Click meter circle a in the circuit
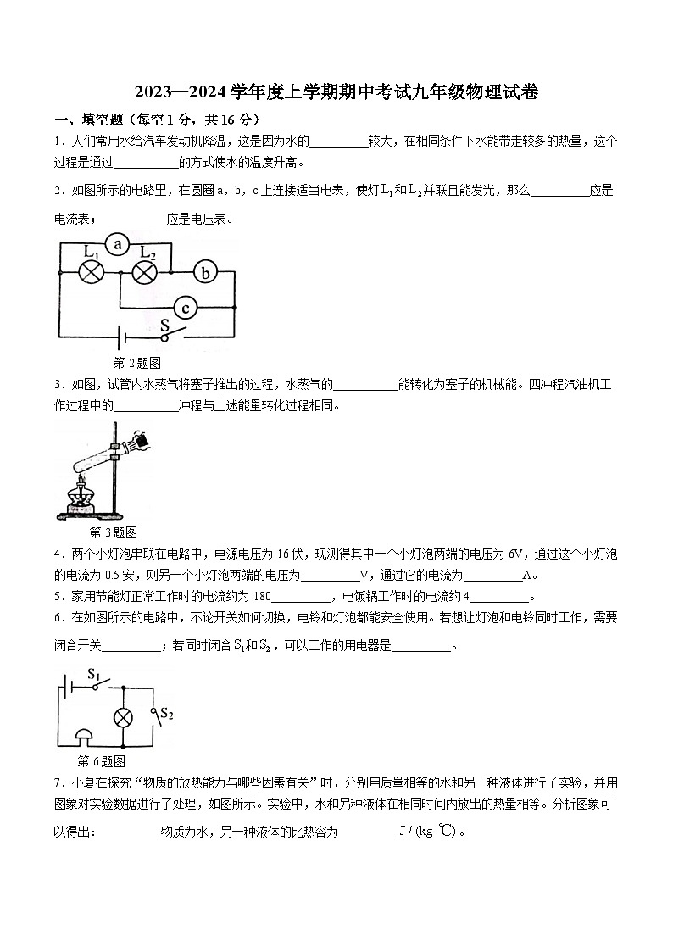click(119, 245)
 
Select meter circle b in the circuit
click(204, 272)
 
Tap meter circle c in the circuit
click(186, 308)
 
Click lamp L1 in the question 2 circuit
click(91, 272)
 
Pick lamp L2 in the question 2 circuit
click(146, 272)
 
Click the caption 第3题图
click(113, 532)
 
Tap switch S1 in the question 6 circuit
click(97, 682)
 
